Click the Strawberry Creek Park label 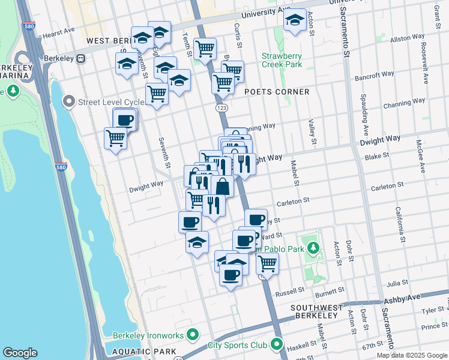click(282, 61)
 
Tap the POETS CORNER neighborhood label click(277, 92)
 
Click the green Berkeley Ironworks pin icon click(193, 334)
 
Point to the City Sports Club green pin click(276, 344)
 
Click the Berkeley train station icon click(79, 59)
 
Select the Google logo click(20, 353)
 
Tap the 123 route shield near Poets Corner click(221, 107)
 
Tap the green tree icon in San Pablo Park click(312, 247)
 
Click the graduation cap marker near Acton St click(295, 20)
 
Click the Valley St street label click(312, 133)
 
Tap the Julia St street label click(397, 281)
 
